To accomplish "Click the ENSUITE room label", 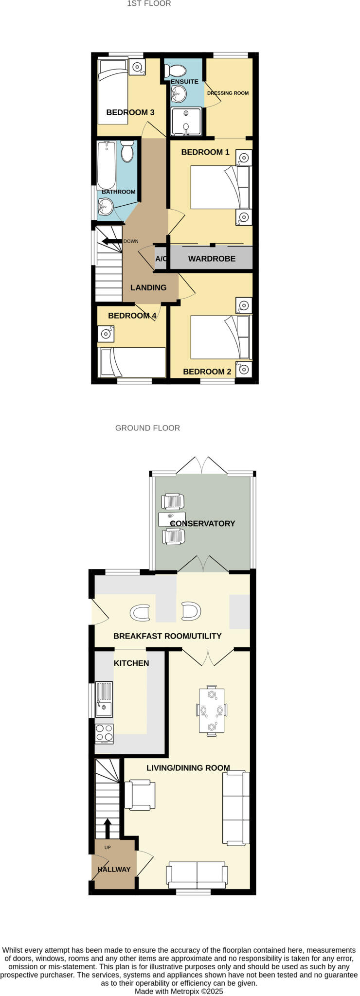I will click(184, 82).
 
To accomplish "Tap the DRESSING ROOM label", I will click(228, 93).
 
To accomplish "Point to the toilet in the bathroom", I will click(127, 151).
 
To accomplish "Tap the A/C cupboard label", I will click(161, 259).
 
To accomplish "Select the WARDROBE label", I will click(212, 259).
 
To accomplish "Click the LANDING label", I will click(148, 287).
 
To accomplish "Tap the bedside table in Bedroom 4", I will click(106, 334).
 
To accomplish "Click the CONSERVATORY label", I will click(202, 523).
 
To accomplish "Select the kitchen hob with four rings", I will click(104, 733).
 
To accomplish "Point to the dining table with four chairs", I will click(212, 710).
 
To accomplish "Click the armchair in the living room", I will click(140, 795).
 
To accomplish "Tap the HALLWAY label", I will click(114, 869).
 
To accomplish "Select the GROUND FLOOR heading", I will click(147, 428).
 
